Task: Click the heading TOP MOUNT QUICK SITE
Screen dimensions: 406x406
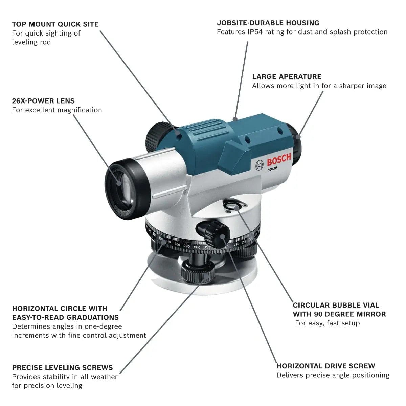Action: point(55,24)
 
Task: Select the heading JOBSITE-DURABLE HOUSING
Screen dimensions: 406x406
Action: point(268,23)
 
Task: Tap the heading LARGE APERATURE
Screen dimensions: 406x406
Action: point(287,76)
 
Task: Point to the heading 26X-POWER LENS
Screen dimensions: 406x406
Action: point(43,101)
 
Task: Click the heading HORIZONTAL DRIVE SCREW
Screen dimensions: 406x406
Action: point(325,366)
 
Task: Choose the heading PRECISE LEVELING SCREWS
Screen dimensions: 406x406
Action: point(62,367)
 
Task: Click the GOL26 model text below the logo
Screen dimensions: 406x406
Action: point(272,170)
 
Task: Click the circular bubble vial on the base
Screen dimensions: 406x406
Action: point(233,205)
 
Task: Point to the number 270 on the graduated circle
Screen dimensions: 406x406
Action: point(207,248)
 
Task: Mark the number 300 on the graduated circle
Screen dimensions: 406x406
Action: point(177,244)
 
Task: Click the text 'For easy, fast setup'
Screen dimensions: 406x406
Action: point(327,323)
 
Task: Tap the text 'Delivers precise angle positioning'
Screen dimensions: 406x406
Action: point(333,375)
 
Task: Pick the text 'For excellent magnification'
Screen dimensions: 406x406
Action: point(57,110)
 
